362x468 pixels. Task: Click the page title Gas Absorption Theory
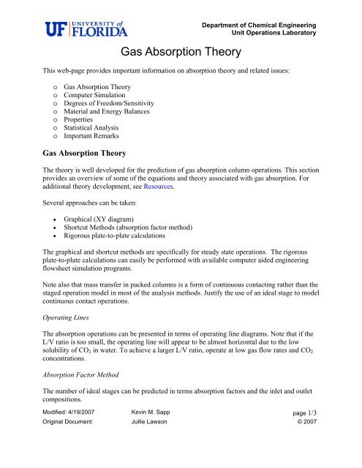point(181,53)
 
